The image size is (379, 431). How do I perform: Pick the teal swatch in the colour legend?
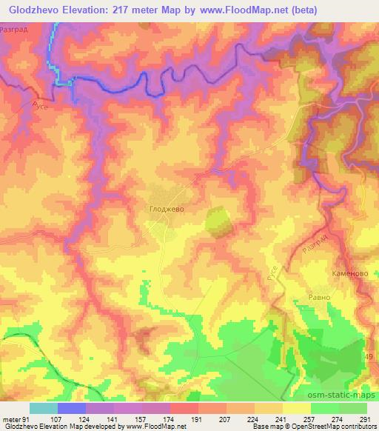[x=44, y=408]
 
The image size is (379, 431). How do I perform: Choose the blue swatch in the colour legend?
[x=72, y=408]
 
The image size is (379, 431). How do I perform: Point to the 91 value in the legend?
[x=28, y=419]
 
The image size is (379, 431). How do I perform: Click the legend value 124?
[x=86, y=419]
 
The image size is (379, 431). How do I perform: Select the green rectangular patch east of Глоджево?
[x=215, y=222]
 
